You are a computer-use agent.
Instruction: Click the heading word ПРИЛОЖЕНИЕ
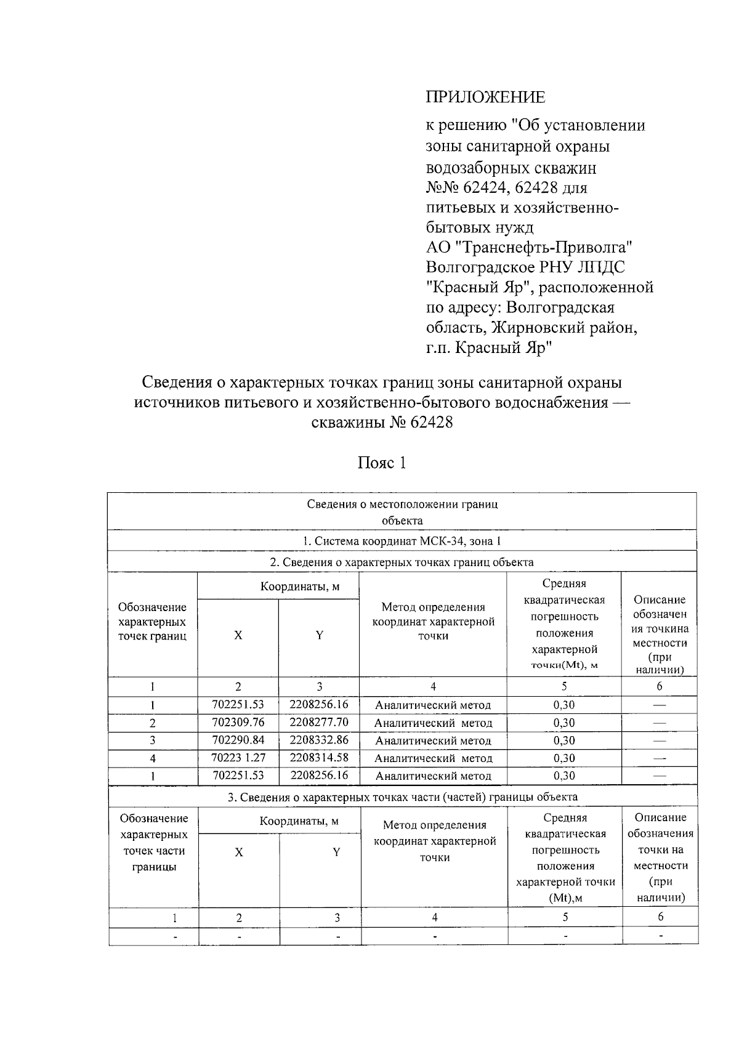[485, 97]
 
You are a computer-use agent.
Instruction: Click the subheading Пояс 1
[382, 463]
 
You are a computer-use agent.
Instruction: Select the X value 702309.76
[238, 722]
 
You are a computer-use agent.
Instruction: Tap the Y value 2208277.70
[318, 722]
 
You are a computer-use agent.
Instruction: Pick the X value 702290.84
[238, 740]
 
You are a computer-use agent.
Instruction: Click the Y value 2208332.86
[318, 740]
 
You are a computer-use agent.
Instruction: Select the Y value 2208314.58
[318, 758]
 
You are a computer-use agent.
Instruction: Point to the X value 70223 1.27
[238, 758]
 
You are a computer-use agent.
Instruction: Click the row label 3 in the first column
[152, 740]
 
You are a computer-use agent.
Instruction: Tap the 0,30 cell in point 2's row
[563, 723]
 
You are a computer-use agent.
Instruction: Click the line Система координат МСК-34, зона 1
[402, 541]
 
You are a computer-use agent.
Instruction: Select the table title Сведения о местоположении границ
[402, 505]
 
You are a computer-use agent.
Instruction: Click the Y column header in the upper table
[319, 636]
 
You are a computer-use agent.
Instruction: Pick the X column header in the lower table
[239, 853]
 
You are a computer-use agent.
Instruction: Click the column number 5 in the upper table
[563, 686]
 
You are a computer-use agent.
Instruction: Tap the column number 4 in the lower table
[434, 917]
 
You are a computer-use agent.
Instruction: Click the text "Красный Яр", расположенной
[539, 288]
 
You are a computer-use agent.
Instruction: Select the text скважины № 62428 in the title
[382, 423]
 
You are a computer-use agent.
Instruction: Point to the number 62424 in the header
[483, 187]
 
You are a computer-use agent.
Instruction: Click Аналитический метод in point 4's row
[433, 758]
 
